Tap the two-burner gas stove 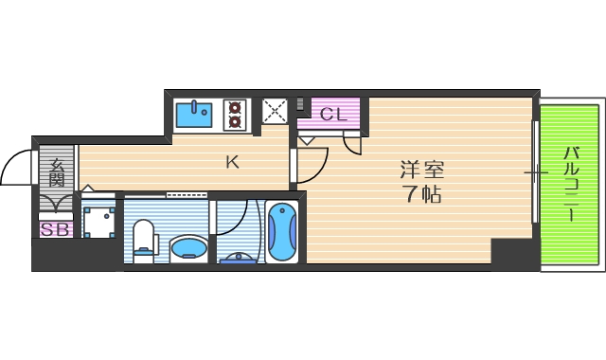click(236, 114)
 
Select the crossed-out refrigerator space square click(274, 112)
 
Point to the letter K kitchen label click(231, 162)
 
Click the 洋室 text click(421, 171)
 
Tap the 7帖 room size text click(421, 196)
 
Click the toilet click(144, 238)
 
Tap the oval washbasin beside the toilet click(188, 248)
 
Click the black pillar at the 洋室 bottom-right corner click(512, 254)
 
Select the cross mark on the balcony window click(536, 173)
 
